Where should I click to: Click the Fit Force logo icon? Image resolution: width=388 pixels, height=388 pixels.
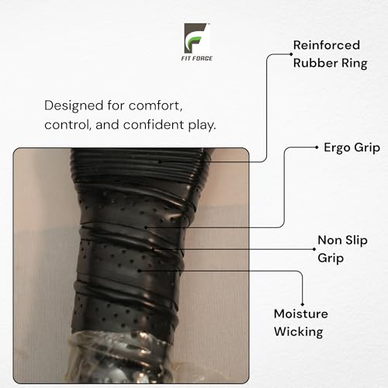(x=196, y=38)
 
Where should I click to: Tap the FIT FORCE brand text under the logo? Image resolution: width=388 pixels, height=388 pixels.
(x=197, y=58)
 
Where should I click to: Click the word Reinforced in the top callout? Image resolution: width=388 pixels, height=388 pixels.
(x=327, y=45)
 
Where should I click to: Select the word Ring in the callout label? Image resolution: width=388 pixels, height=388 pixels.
(x=355, y=64)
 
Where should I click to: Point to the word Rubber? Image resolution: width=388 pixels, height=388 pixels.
(x=316, y=63)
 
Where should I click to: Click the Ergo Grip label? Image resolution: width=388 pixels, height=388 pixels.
(x=352, y=148)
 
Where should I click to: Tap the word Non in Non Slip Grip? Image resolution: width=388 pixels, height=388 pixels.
(x=330, y=241)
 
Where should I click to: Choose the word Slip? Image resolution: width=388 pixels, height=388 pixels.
(x=356, y=241)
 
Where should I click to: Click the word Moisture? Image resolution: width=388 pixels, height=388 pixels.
(x=301, y=314)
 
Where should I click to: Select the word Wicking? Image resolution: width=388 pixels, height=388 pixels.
(x=299, y=332)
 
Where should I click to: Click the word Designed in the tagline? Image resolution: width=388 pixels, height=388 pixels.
(x=74, y=106)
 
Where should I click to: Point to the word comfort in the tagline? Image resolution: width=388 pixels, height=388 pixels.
(x=155, y=106)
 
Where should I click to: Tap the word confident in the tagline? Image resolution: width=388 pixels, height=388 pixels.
(x=154, y=125)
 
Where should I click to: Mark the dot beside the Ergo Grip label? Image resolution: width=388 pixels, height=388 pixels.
(x=317, y=147)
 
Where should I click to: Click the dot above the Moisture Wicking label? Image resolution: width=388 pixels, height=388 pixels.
(x=303, y=305)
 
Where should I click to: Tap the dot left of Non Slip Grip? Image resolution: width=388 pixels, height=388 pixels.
(x=314, y=249)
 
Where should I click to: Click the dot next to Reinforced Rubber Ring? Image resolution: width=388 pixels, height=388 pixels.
(x=291, y=54)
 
